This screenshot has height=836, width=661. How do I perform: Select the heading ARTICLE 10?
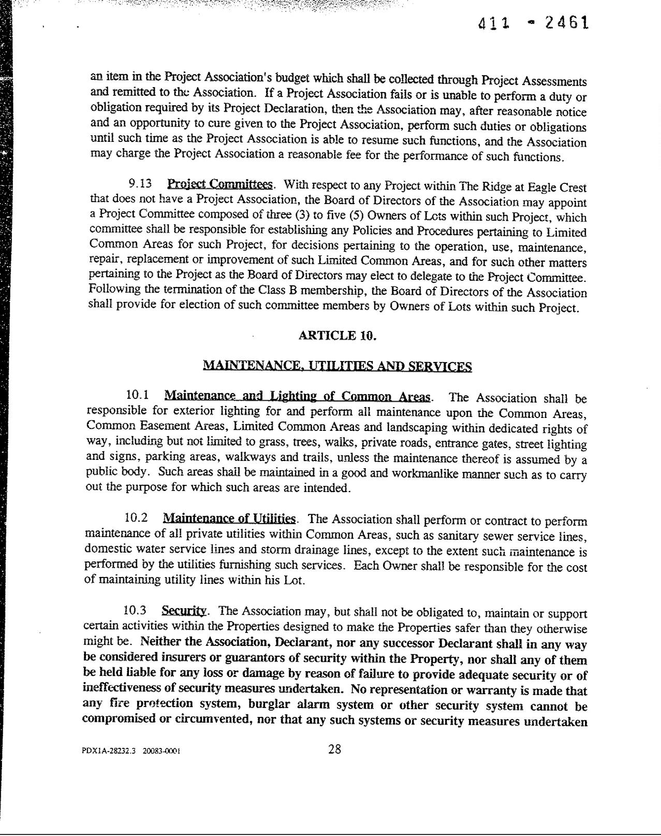pyautogui.click(x=337, y=336)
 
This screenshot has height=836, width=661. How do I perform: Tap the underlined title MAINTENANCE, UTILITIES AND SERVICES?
pyautogui.click(x=337, y=366)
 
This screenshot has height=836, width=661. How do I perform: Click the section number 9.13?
pyautogui.click(x=139, y=184)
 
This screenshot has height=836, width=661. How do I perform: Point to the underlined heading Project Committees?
pyautogui.click(x=221, y=184)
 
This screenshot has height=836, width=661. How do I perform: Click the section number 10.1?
pyautogui.click(x=137, y=395)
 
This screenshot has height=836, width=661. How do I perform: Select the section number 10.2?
pyautogui.click(x=136, y=517)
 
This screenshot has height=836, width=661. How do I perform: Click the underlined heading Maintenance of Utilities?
pyautogui.click(x=229, y=518)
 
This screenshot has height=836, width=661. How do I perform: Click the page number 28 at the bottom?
pyautogui.click(x=334, y=749)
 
